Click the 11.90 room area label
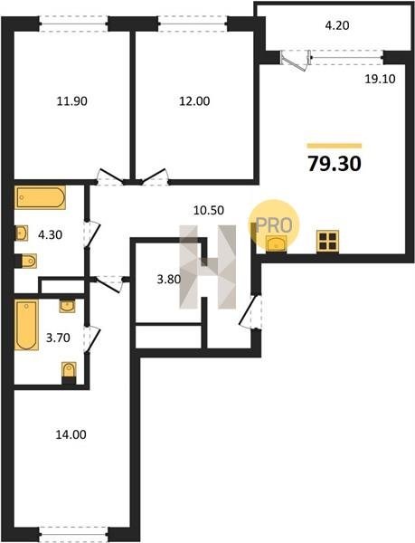tap(72, 101)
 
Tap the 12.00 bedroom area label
tap(194, 101)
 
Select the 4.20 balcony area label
tap(337, 25)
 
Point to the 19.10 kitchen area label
tap(380, 79)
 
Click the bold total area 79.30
tap(335, 164)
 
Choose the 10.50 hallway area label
tap(209, 210)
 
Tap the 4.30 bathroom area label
tap(50, 235)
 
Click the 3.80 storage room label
tap(169, 279)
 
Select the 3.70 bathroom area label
tap(58, 338)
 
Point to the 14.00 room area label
tap(71, 434)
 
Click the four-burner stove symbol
tap(327, 241)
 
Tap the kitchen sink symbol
tap(276, 243)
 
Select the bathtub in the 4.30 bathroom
tap(40, 197)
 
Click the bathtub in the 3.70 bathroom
tap(26, 325)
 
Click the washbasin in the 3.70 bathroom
tap(67, 306)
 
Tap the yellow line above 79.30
tap(334, 146)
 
